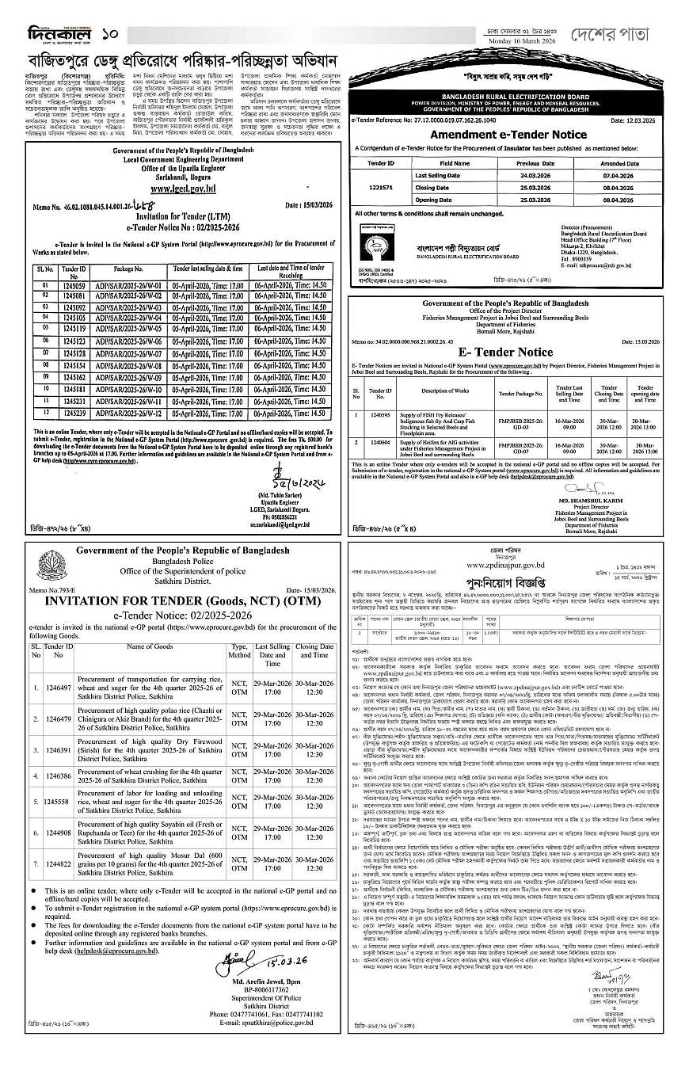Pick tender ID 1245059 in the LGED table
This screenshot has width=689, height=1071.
tap(74, 284)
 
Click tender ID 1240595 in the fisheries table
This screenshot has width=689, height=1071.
tap(380, 414)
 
